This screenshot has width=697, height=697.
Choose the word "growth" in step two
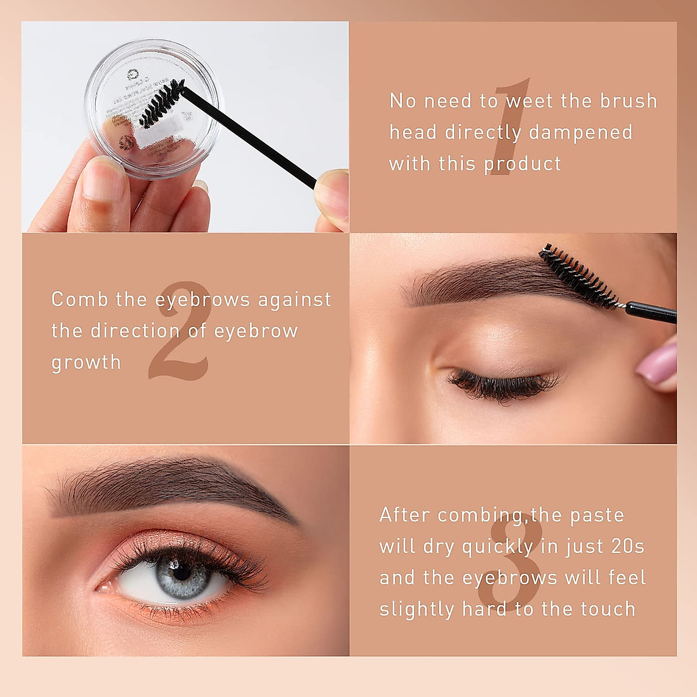coord(86,362)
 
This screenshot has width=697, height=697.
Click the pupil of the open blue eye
coord(182,572)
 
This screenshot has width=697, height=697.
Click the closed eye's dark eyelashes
coord(500,386)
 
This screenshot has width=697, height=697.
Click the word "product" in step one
coord(523,164)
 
